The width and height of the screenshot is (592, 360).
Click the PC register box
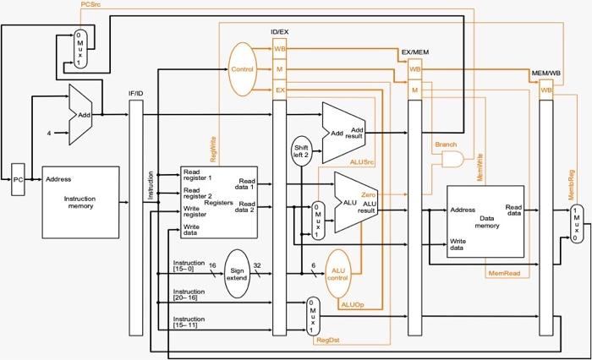pyautogui.click(x=18, y=178)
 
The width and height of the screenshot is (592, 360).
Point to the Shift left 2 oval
pyautogui.click(x=302, y=150)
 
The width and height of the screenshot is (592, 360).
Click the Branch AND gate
pyautogui.click(x=452, y=158)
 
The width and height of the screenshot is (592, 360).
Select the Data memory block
pyautogui.click(x=485, y=222)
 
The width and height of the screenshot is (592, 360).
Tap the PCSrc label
pyautogui.click(x=93, y=5)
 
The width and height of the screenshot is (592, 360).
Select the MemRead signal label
pyautogui.click(x=504, y=273)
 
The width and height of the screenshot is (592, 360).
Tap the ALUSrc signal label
pyautogui.click(x=364, y=160)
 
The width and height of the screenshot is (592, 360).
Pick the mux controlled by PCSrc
pyautogui.click(x=79, y=48)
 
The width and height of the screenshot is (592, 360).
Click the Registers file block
pyautogui.click(x=218, y=203)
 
